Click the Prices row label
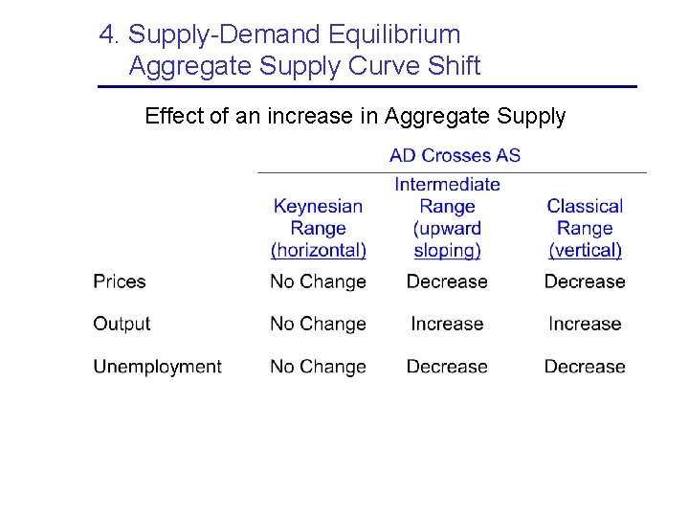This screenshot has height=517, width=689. coord(120,281)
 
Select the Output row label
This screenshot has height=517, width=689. coord(122,324)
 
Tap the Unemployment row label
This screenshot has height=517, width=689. coord(157,367)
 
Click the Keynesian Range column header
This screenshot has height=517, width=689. coord(318,228)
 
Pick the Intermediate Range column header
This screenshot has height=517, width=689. coord(447,217)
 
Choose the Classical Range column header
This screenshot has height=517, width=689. coord(585,228)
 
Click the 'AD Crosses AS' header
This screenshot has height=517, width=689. coord(455,155)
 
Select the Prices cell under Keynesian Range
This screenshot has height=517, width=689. coord(318,281)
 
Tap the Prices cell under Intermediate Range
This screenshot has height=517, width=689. coord(447,281)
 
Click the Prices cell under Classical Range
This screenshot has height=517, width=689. coord(585,281)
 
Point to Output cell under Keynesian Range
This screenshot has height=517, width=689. coord(318,324)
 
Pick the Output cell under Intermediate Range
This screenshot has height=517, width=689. coord(447,324)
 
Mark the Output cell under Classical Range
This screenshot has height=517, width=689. coord(585,324)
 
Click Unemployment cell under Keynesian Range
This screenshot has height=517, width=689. coord(318,367)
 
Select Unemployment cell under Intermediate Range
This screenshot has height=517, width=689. coord(447,367)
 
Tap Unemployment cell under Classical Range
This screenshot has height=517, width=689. coord(585,367)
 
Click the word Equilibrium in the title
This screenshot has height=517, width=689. coord(393,35)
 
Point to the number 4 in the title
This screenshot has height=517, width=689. coord(107,35)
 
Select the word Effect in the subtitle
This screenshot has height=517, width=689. coord(173,117)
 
